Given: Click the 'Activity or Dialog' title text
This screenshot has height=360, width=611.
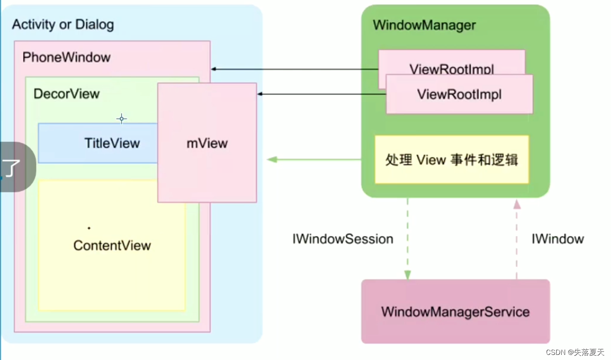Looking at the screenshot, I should [x=63, y=25].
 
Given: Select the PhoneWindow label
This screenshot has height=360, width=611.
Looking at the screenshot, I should [x=66, y=57].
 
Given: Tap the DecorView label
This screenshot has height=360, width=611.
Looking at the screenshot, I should [x=66, y=94].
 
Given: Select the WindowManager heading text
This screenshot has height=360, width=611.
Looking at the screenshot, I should [x=424, y=25].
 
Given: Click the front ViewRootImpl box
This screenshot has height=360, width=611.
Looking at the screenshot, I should [x=459, y=94].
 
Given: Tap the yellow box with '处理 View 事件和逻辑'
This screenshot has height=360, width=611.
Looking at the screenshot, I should [x=451, y=160].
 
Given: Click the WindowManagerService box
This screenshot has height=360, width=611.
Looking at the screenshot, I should [x=455, y=312].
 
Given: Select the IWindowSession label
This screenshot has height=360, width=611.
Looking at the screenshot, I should [x=343, y=239].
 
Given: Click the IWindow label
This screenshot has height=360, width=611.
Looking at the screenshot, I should [x=558, y=239].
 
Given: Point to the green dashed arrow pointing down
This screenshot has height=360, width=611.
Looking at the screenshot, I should [x=407, y=239].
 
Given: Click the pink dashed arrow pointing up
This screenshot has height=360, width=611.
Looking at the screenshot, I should [x=517, y=239].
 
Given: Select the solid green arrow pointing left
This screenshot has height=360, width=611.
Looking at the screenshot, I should [x=314, y=159].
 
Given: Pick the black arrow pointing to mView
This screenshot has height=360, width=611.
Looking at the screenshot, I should [x=321, y=94].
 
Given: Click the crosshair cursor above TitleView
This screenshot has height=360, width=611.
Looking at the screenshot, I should [x=122, y=119].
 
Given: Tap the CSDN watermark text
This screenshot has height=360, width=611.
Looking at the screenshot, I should [x=575, y=352].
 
